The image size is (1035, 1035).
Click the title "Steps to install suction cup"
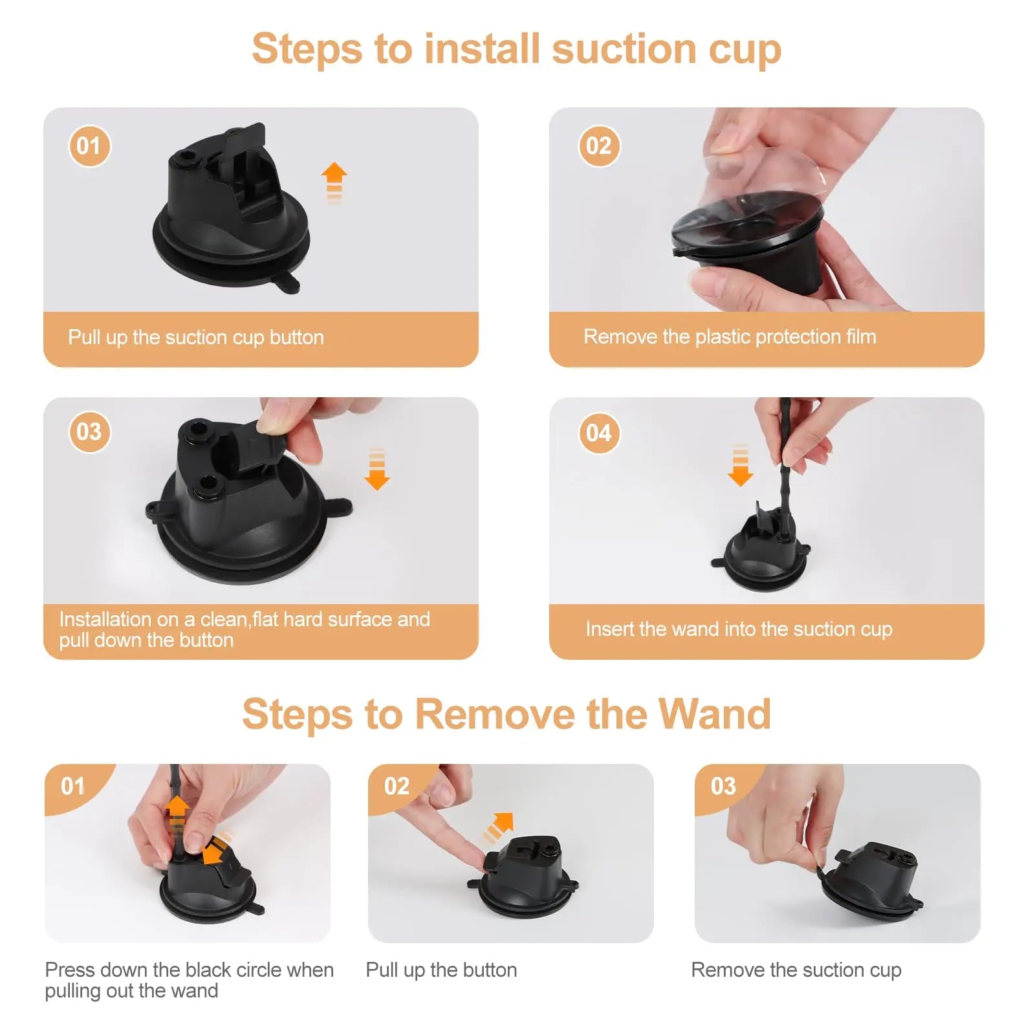click(517, 50)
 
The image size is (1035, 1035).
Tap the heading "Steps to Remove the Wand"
click(507, 714)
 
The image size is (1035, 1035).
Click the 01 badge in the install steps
click(89, 146)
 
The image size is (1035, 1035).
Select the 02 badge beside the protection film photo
click(599, 146)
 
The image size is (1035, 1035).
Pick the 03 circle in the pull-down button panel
click(89, 432)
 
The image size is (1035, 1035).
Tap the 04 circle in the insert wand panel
click(599, 433)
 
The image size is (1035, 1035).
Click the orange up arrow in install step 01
click(334, 183)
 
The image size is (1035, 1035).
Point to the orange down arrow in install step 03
click(377, 469)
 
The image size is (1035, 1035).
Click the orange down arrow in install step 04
click(741, 465)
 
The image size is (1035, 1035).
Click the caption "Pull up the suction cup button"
click(196, 338)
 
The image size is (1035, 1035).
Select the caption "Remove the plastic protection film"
click(730, 337)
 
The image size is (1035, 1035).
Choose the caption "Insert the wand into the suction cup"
click(739, 629)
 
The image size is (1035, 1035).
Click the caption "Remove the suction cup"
click(796, 970)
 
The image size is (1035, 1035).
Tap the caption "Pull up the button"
click(441, 970)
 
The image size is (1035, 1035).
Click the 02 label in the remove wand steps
click(397, 787)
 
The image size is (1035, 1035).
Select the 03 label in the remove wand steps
click(723, 787)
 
